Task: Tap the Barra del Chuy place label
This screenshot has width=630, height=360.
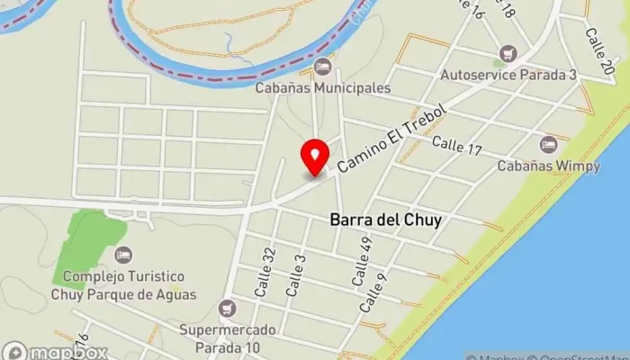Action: (385, 219)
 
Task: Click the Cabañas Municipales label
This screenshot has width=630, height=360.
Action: (323, 88)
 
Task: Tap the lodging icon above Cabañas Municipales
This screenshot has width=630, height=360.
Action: (323, 67)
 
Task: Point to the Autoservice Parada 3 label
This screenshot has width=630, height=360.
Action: (508, 74)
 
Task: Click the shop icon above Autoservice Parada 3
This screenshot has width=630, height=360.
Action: (508, 52)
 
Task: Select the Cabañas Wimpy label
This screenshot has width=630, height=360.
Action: (548, 166)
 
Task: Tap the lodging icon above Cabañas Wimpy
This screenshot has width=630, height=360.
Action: (548, 144)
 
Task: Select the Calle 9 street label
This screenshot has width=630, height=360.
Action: (373, 292)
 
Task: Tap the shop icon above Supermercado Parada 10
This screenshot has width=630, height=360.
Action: (228, 309)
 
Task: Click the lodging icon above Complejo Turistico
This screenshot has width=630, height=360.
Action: (123, 256)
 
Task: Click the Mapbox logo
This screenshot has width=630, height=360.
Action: (56, 352)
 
